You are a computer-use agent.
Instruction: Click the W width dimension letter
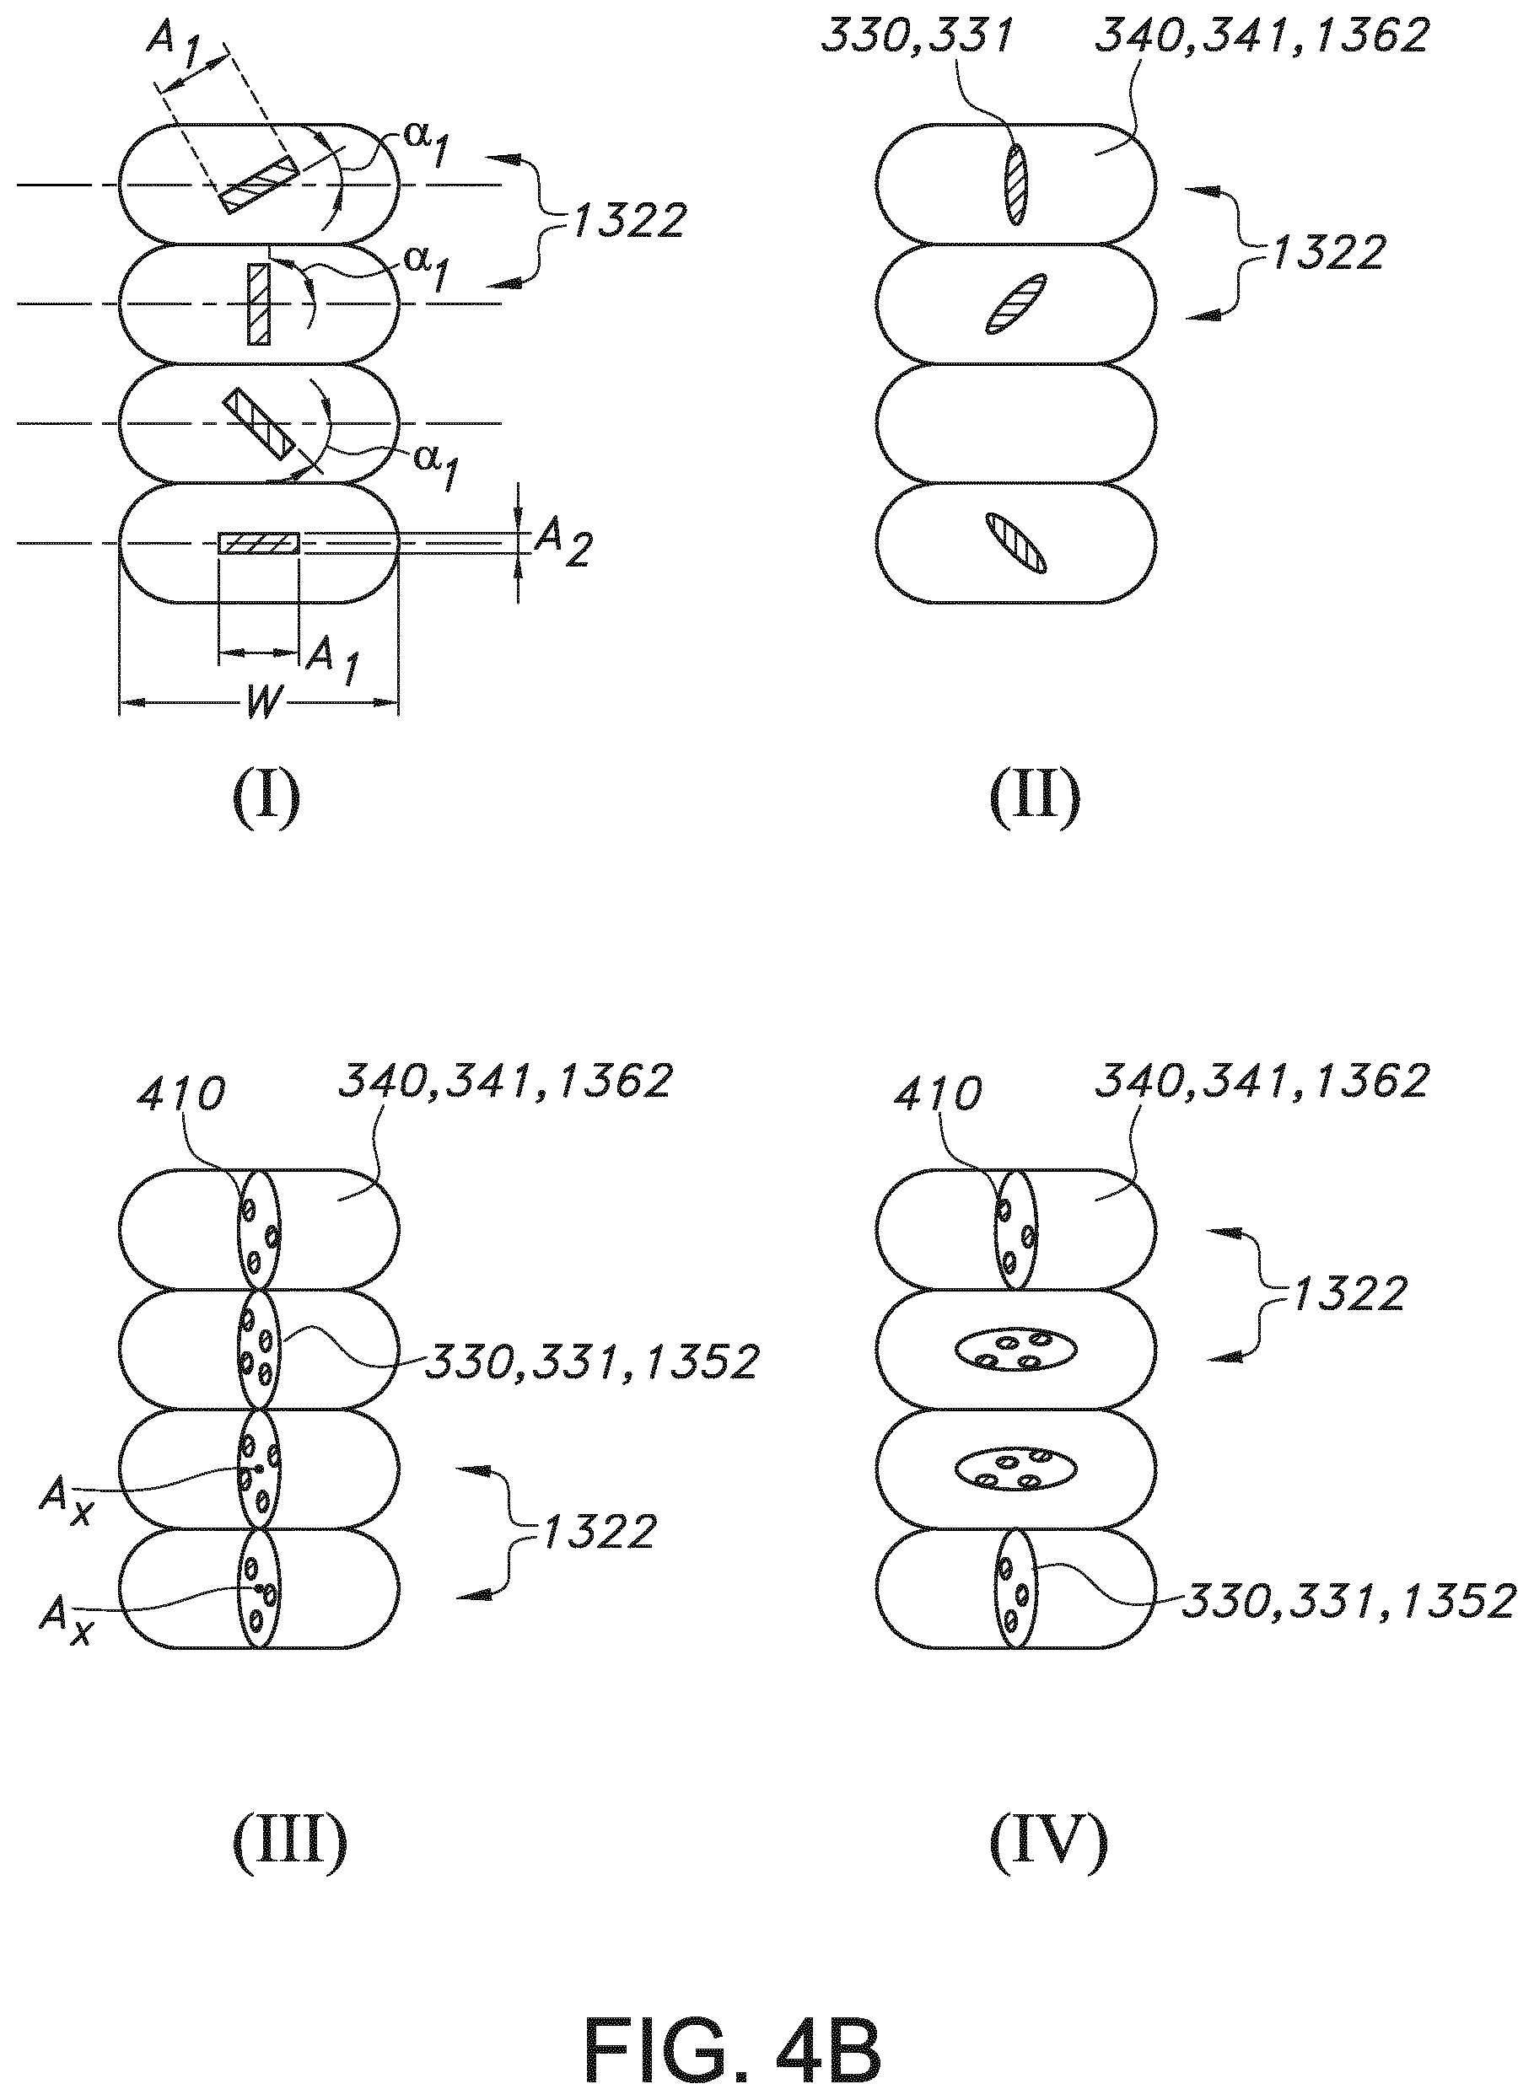coord(262,703)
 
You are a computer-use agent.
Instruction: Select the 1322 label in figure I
coord(627,220)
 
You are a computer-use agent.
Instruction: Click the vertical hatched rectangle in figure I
coord(258,304)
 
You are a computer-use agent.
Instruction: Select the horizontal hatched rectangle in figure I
coord(258,543)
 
